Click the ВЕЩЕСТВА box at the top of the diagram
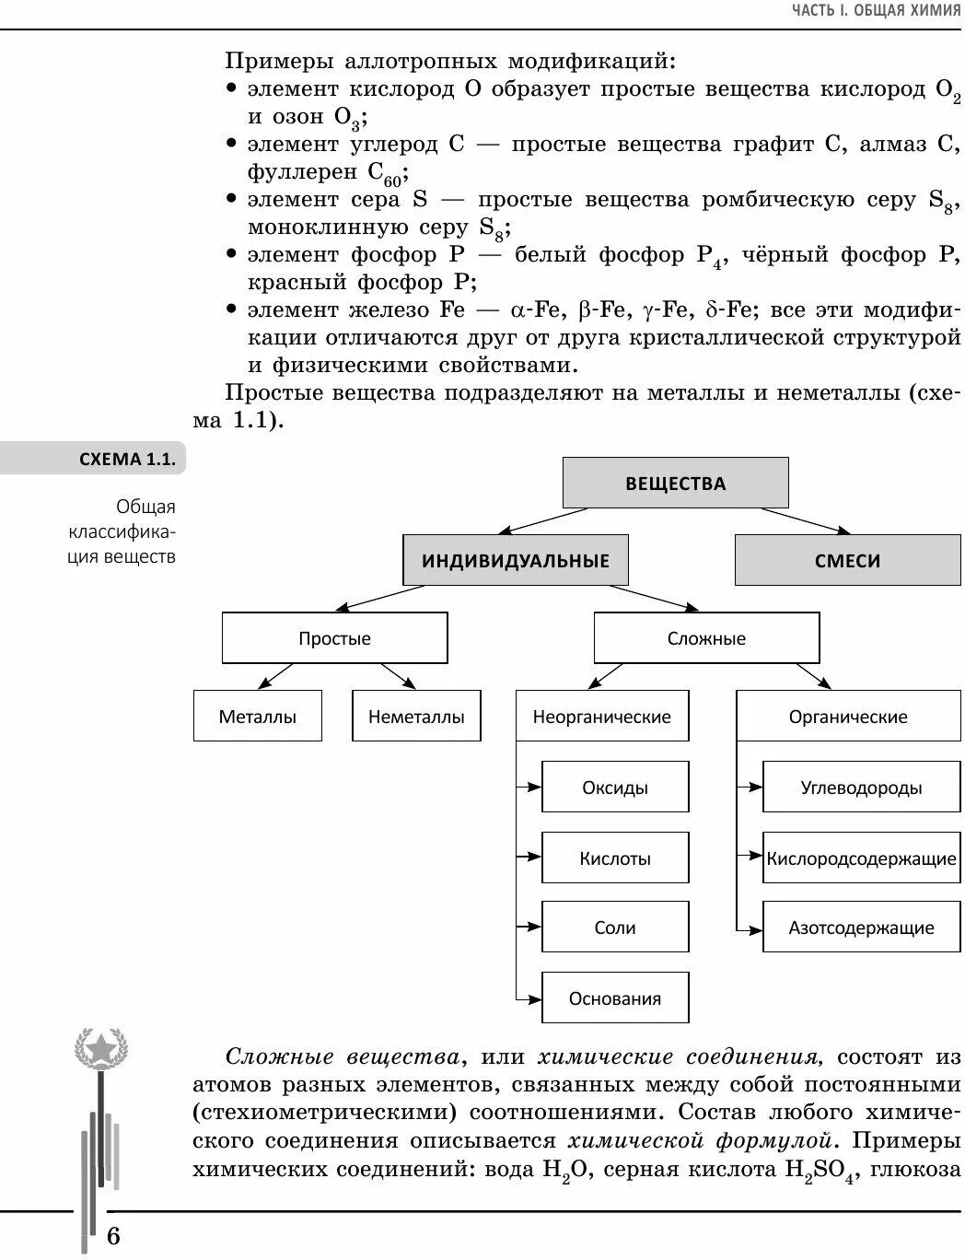pos(675,483)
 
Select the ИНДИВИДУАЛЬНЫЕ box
pos(516,560)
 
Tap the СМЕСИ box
pos(847,560)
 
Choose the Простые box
pos(334,638)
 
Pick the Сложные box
pos(706,638)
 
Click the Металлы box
pos(258,716)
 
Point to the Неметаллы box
pos(416,716)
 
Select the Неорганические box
pos(602,716)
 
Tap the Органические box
pos(848,716)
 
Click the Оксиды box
pos(615,787)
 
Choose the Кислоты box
pos(615,857)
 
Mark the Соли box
pos(615,927)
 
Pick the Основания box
pos(615,997)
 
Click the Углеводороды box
pos(861,787)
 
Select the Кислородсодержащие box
pos(861,857)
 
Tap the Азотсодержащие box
pos(861,927)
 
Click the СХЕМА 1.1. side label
pos(127,459)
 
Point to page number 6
pos(113,1235)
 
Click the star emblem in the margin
pos(99,1048)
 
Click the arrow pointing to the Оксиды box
pos(529,787)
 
